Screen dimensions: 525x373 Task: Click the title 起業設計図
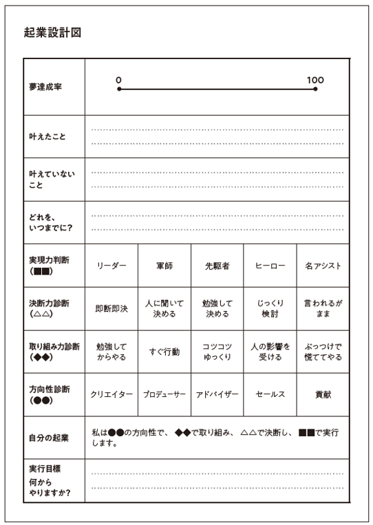52,32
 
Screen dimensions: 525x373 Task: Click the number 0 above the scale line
118,80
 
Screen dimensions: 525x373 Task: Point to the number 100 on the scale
315,80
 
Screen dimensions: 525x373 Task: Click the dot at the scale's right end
315,89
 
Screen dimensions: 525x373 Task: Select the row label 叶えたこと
47,136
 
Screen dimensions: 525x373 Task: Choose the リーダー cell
111,265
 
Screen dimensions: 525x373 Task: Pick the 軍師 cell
164,265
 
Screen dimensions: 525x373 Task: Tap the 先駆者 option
217,265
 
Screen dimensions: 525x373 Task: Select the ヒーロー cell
270,265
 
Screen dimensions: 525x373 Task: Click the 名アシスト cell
323,265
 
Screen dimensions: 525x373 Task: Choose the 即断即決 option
111,308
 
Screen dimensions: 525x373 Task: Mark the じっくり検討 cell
270,308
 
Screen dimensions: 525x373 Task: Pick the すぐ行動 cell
164,352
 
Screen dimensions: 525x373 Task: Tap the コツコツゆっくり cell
217,352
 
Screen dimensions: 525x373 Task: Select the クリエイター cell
111,394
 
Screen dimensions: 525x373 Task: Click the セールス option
270,394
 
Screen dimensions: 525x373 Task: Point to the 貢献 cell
323,394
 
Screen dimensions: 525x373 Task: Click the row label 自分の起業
47,438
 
